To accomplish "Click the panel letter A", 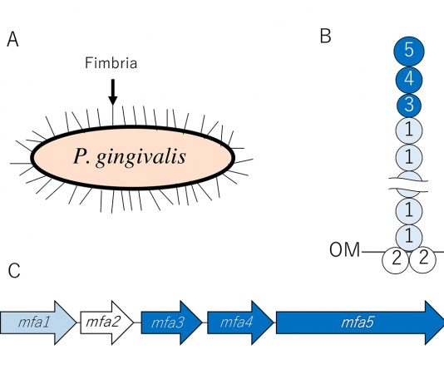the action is click(x=12, y=39).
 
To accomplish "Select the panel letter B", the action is click(x=325, y=37).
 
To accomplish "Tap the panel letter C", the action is click(x=14, y=270).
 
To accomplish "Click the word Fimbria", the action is click(x=111, y=63).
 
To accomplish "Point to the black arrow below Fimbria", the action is click(x=113, y=91).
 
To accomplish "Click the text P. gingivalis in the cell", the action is click(x=130, y=156).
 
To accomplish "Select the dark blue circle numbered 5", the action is click(x=409, y=52).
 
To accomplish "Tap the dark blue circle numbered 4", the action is click(x=409, y=80).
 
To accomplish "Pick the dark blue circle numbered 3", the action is click(x=409, y=106).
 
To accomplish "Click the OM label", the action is click(x=344, y=250).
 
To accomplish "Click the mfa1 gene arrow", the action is click(x=38, y=322).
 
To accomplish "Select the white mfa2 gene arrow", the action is click(x=106, y=322).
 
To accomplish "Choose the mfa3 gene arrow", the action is click(x=171, y=322).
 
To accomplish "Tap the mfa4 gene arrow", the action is click(x=240, y=322).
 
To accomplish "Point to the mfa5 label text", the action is click(x=358, y=322).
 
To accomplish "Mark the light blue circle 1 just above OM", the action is click(x=409, y=237).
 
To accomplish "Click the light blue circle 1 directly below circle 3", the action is click(x=409, y=130).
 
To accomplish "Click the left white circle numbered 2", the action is click(x=396, y=260).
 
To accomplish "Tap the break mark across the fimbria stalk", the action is click(x=408, y=184).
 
